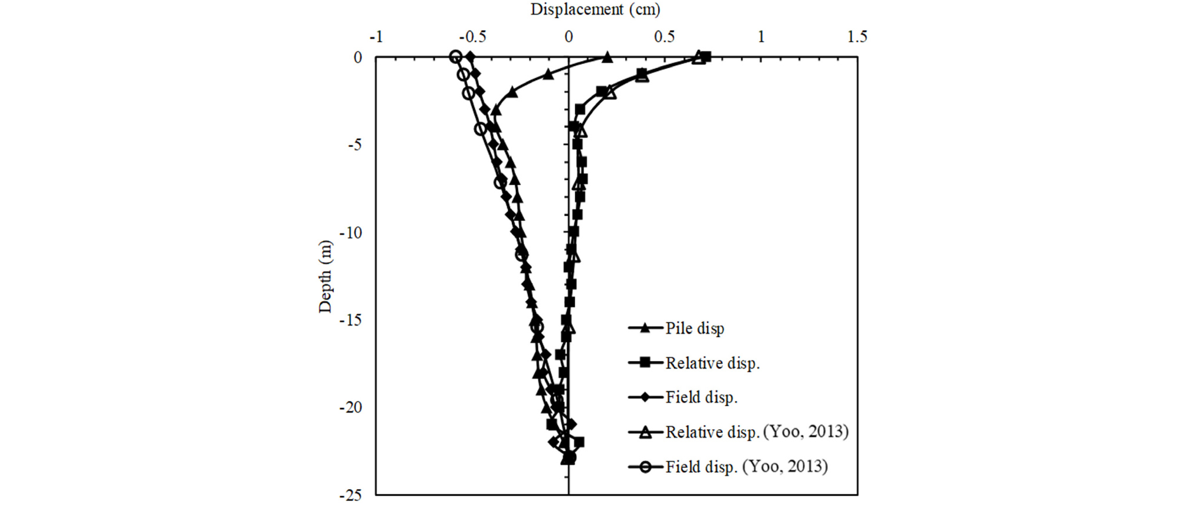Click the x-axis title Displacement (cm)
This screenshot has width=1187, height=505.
point(595,9)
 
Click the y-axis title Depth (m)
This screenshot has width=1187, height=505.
point(325,276)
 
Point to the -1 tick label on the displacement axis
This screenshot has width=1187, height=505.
point(376,37)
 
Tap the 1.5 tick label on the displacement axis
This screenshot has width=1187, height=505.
point(857,37)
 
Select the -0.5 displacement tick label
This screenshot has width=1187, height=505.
point(472,37)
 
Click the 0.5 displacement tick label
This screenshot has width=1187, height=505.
point(665,37)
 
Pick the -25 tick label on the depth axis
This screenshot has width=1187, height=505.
point(350,496)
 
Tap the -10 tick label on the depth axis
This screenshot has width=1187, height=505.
point(350,233)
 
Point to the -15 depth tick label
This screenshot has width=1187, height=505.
point(350,320)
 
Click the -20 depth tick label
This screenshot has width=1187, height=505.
point(350,408)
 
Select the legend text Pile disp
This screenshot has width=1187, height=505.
point(695,329)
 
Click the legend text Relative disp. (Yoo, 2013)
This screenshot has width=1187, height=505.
point(757,432)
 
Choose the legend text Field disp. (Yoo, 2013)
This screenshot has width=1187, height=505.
point(746,467)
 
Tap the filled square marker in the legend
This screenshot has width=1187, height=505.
point(645,363)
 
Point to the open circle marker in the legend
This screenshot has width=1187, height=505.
point(645,467)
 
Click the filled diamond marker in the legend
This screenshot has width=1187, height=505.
point(645,397)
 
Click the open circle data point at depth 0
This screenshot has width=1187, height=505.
point(455,57)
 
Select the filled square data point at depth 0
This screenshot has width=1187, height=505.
point(706,57)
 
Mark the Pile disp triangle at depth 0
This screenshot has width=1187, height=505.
point(608,57)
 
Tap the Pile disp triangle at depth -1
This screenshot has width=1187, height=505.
point(548,74)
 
